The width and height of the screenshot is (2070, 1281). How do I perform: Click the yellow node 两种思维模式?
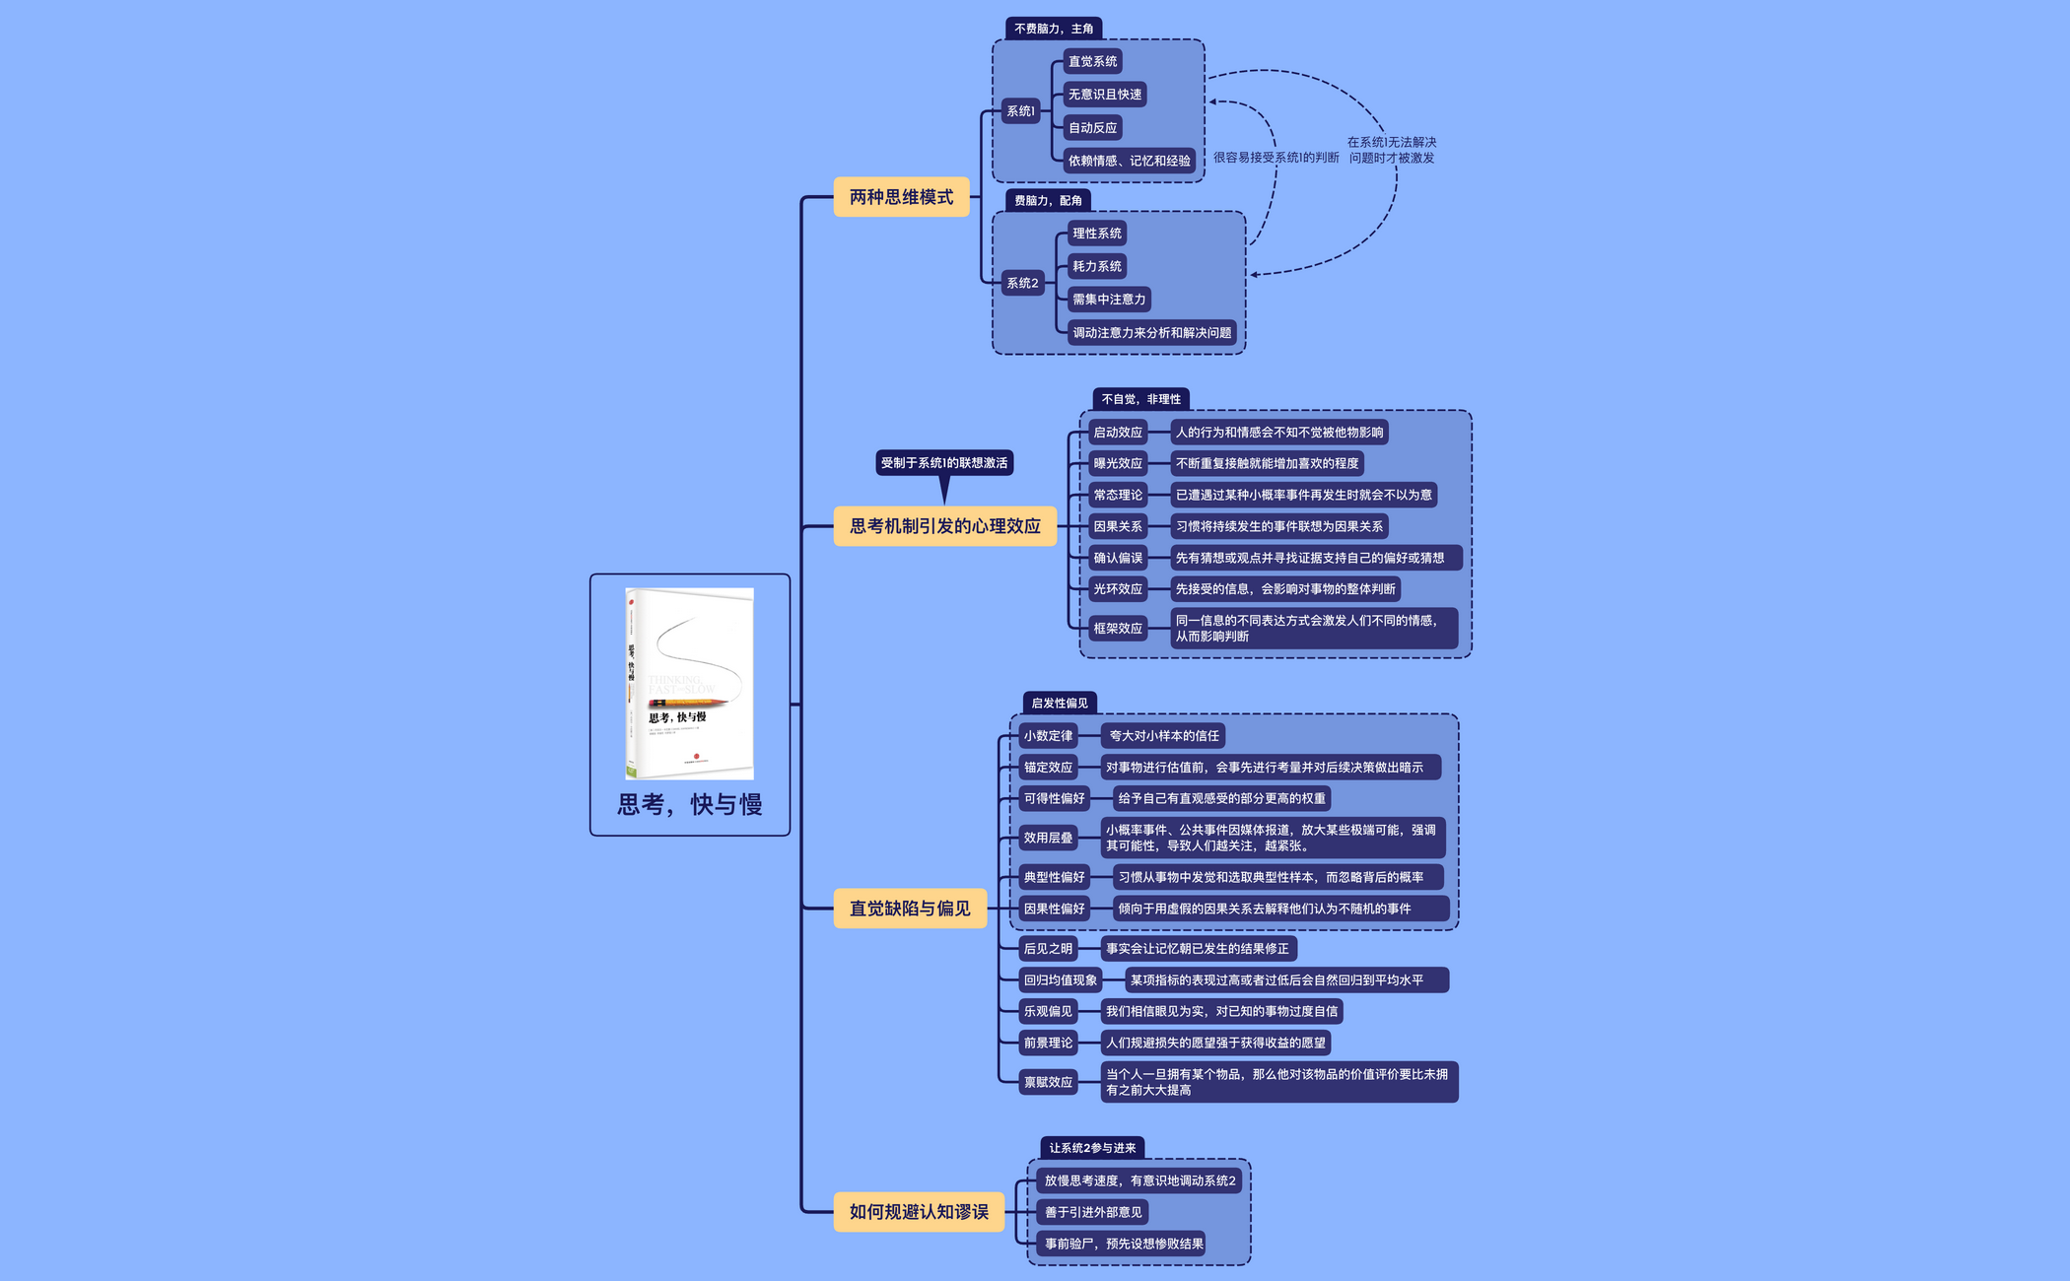[x=901, y=197]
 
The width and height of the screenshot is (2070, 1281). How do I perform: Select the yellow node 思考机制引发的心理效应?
[x=944, y=526]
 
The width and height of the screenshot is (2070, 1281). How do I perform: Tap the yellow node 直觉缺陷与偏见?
[x=909, y=909]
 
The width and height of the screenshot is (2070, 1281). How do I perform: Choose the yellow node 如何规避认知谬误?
[x=918, y=1212]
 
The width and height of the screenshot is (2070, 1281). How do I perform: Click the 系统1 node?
[x=1020, y=111]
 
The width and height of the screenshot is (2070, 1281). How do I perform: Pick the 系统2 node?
[x=1022, y=283]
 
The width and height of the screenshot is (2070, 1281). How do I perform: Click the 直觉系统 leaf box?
[x=1092, y=61]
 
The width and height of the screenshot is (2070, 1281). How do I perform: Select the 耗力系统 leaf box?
[x=1096, y=266]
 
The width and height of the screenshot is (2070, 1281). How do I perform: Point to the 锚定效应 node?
[x=1047, y=768]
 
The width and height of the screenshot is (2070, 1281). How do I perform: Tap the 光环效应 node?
[x=1117, y=589]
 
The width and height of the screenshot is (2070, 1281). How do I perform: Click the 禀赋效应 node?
[x=1047, y=1082]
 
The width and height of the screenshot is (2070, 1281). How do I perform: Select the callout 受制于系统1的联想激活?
[x=943, y=463]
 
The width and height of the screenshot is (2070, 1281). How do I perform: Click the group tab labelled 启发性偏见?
[x=1059, y=704]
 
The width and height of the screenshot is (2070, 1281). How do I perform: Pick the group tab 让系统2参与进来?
[x=1091, y=1148]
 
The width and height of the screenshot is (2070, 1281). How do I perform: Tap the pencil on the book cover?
[x=687, y=703]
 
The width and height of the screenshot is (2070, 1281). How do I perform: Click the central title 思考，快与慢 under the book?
[x=690, y=805]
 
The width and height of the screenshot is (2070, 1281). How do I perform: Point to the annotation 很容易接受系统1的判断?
[x=1276, y=158]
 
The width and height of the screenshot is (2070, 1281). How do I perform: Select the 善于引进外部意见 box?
[x=1092, y=1212]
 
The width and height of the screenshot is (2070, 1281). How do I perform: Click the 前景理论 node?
[x=1047, y=1043]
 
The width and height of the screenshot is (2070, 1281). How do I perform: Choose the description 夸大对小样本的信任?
[x=1163, y=736]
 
